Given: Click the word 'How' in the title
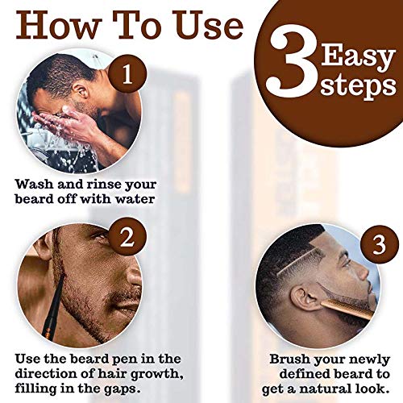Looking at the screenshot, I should pyautogui.click(x=52, y=27).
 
